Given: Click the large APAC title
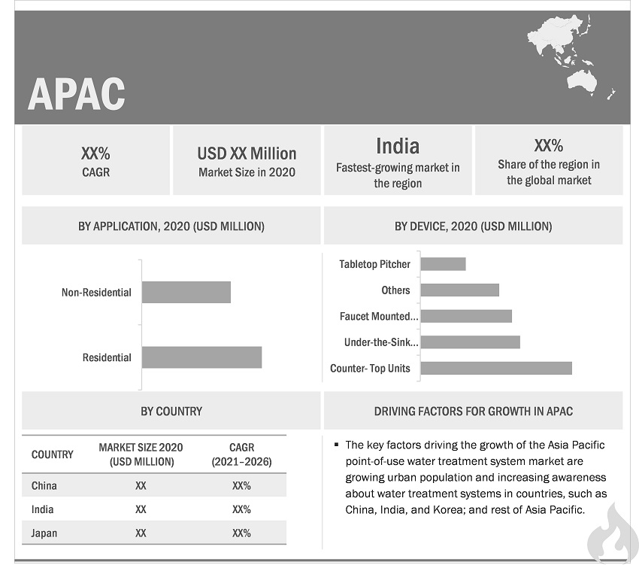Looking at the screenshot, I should tap(76, 93).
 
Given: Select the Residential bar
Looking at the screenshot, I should tap(201, 357).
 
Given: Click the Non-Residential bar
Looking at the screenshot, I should tap(186, 292).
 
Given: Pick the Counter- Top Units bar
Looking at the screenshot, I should tap(496, 368).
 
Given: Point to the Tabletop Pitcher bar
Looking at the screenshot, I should tap(443, 264).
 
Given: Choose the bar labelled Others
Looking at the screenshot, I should tap(459, 290).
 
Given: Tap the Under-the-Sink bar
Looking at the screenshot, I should tap(470, 342).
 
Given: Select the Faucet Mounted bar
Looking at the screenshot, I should tap(466, 316).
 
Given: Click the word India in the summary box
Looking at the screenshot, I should tap(397, 146).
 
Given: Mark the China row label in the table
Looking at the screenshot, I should tap(44, 486).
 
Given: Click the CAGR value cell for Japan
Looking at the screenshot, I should tap(241, 533).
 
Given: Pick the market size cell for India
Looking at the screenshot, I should tap(141, 509).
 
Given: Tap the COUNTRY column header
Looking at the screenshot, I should tap(53, 454).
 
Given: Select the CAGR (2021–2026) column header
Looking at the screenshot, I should tap(241, 454).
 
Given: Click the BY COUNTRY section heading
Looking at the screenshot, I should tap(171, 411).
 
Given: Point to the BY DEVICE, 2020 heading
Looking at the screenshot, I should tap(473, 226).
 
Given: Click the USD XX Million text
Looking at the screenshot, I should tap(247, 153).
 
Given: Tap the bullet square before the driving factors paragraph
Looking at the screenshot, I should tap(338, 445).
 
